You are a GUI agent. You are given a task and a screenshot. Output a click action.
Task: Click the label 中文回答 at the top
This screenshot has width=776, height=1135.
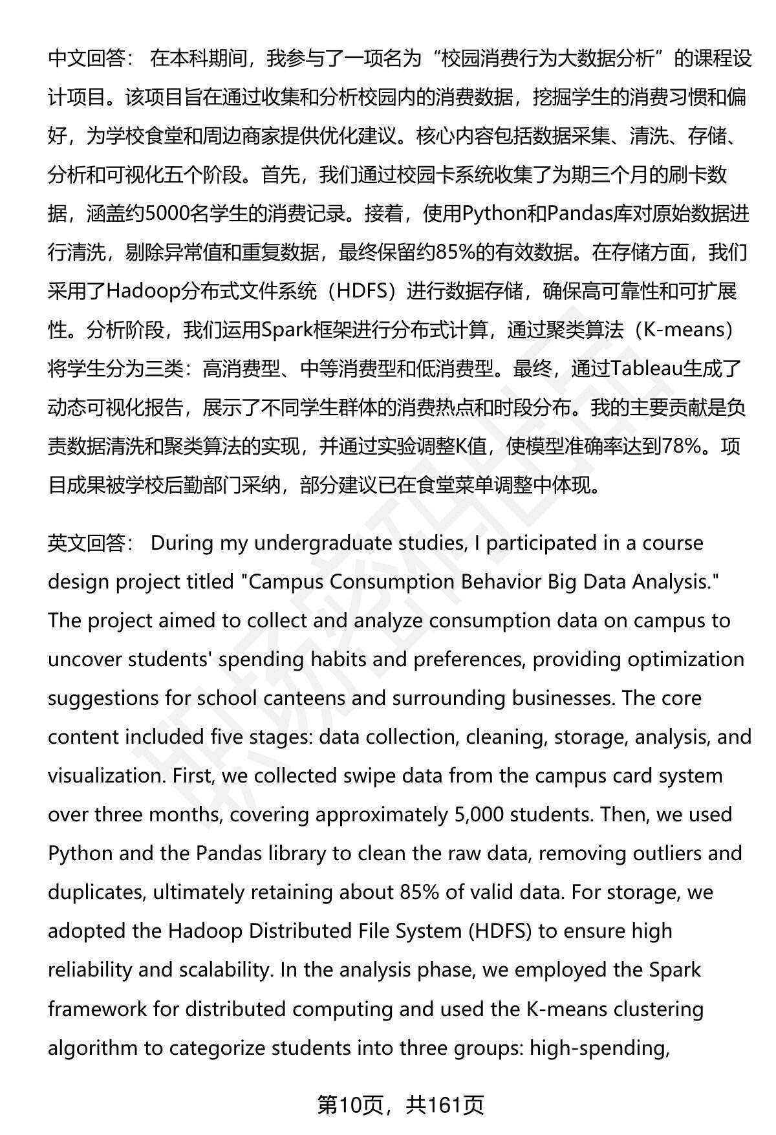coord(87,59)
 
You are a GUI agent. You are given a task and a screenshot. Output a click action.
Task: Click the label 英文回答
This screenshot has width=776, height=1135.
coord(87,543)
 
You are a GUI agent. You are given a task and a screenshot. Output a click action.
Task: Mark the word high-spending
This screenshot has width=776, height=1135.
coord(599,1048)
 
